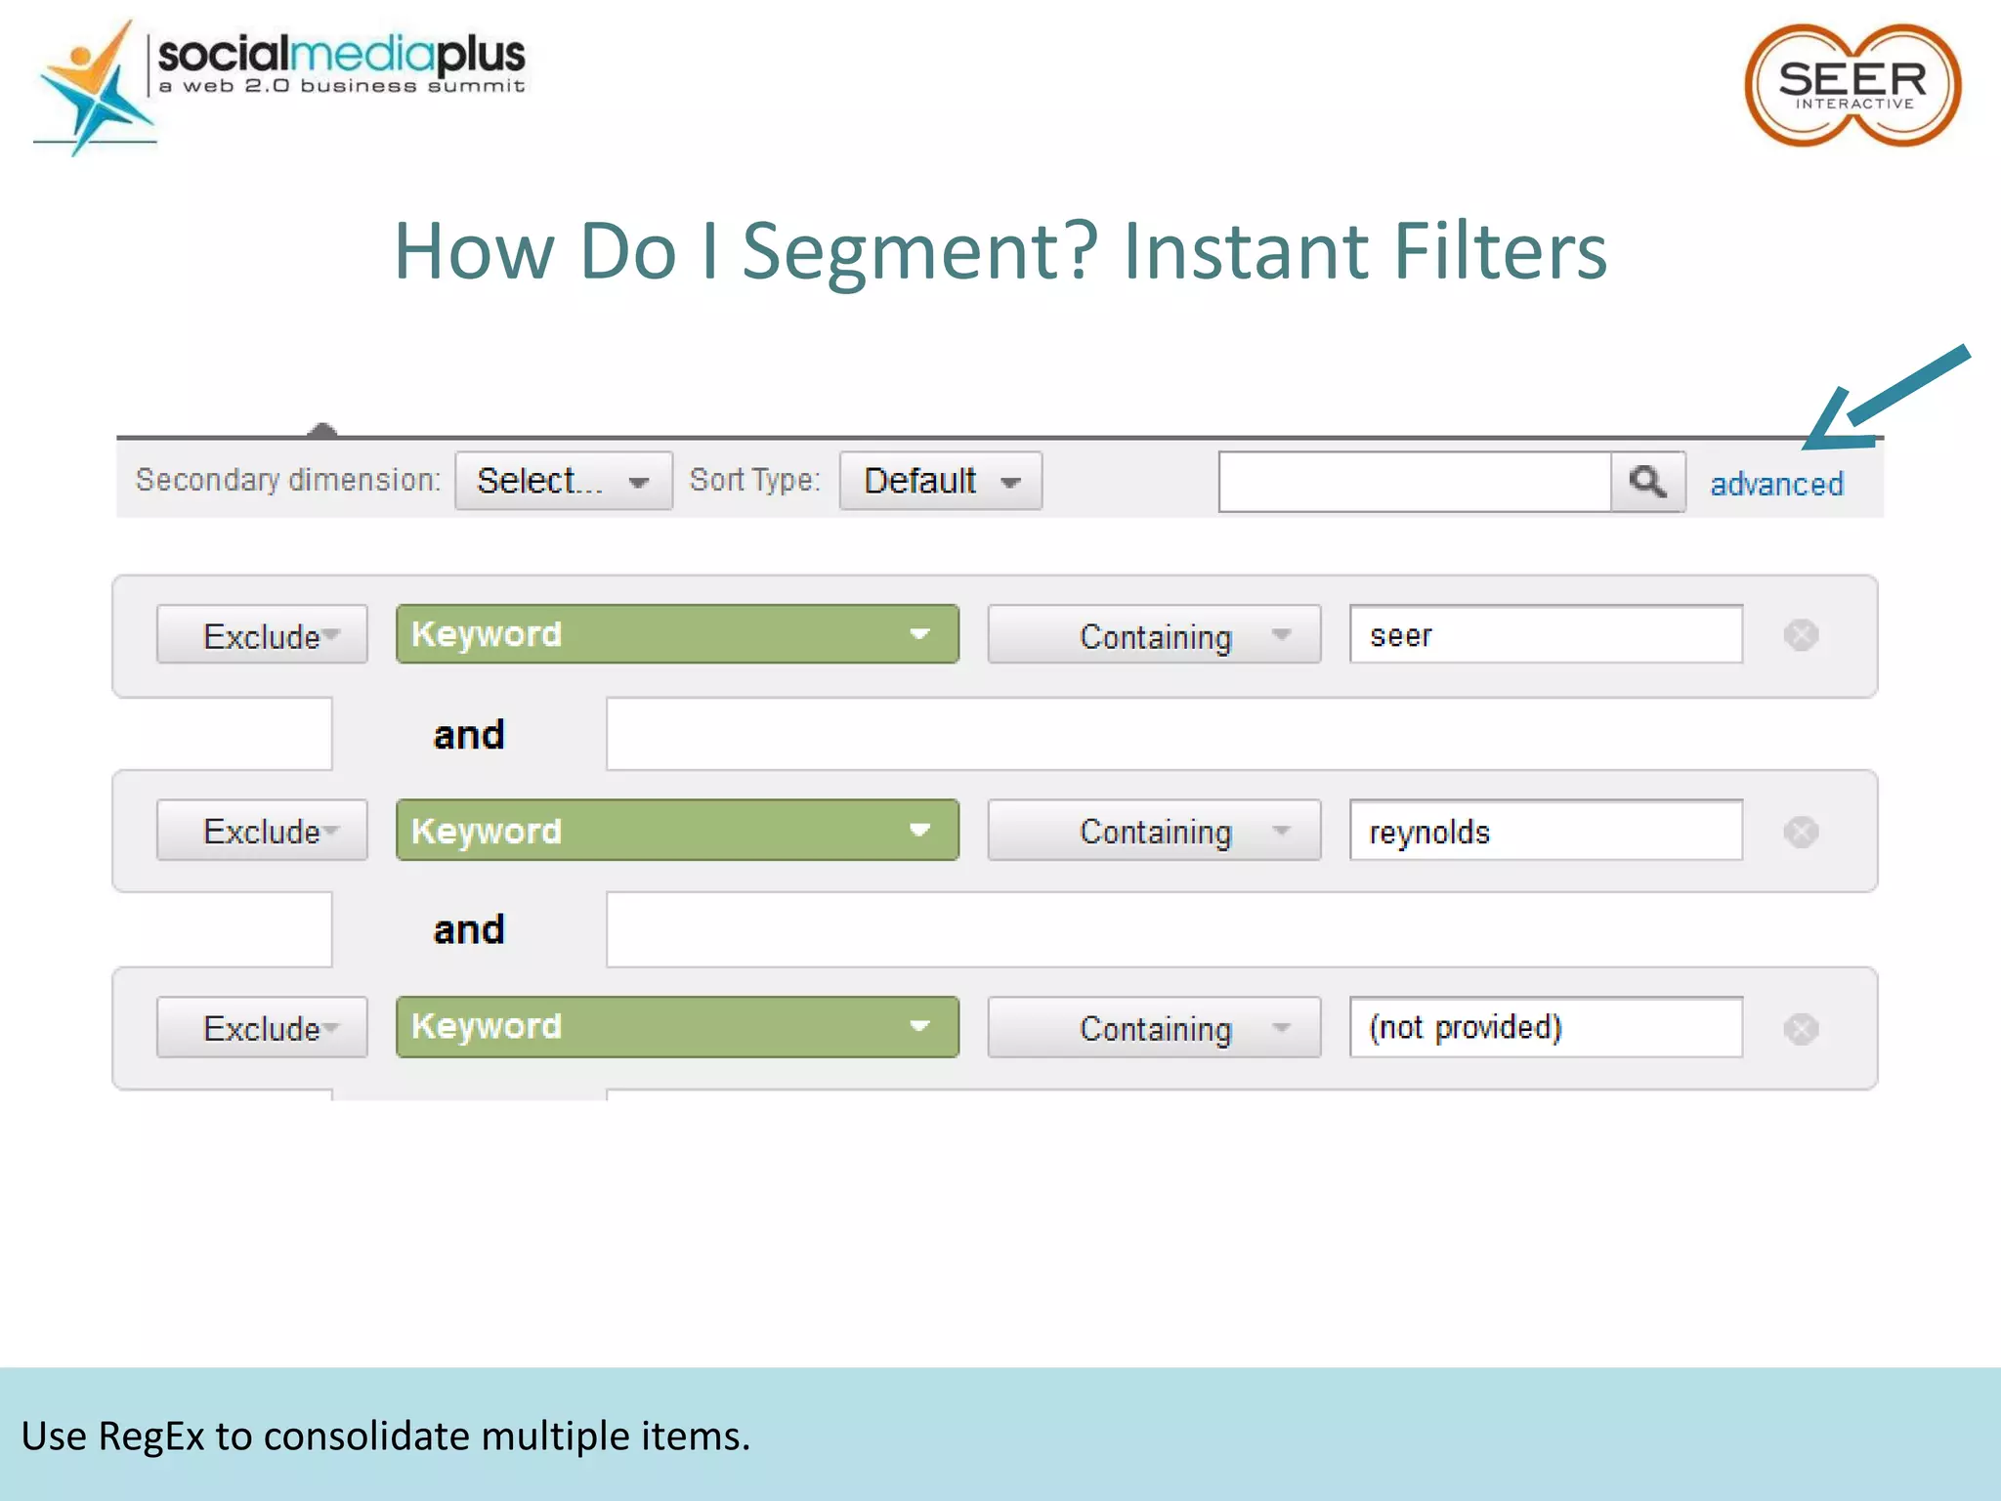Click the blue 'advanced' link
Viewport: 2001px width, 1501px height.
click(x=1776, y=484)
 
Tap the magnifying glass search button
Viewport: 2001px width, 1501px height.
click(x=1647, y=481)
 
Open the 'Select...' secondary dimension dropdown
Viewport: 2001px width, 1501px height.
click(x=563, y=481)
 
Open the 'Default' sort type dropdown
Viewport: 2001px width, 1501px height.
click(x=940, y=481)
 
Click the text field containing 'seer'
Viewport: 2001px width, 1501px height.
click(x=1545, y=635)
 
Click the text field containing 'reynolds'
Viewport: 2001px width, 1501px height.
click(x=1545, y=831)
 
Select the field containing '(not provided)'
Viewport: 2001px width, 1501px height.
click(x=1545, y=1027)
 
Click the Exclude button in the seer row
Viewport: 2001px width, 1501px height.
click(x=262, y=635)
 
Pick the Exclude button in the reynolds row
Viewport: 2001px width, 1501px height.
click(x=262, y=831)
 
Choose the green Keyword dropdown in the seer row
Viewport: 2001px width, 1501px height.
click(x=676, y=634)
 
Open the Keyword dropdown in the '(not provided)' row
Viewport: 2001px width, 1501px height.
click(x=676, y=1027)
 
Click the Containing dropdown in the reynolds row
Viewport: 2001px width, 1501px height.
click(x=1153, y=831)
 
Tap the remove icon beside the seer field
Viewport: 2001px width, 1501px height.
click(x=1800, y=635)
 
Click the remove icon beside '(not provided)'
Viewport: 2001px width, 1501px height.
click(x=1800, y=1028)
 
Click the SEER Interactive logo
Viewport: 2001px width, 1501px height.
click(x=1852, y=86)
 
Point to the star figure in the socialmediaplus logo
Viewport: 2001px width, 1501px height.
click(x=94, y=93)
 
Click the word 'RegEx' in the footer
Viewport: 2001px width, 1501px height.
click(x=151, y=1437)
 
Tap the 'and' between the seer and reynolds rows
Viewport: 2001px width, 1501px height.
click(x=469, y=735)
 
